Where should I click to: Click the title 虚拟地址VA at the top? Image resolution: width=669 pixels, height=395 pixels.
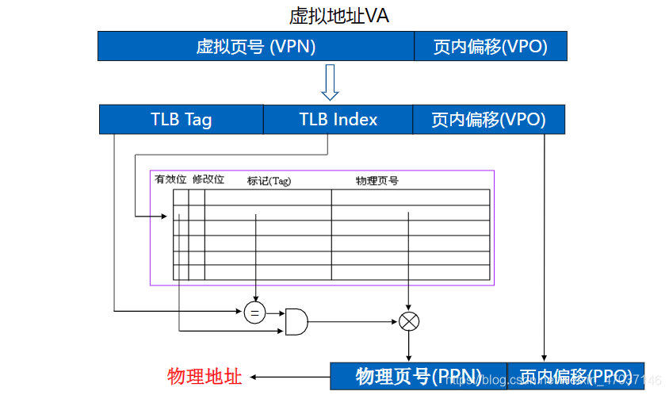point(339,15)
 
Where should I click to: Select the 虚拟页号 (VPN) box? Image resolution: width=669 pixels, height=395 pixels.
point(255,47)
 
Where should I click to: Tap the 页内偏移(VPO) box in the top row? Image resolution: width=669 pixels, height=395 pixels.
point(491,47)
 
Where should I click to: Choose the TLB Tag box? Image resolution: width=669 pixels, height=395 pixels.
point(181,120)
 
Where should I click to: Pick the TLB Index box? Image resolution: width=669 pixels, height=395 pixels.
point(338,120)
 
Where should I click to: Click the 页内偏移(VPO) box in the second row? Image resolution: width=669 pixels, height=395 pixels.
point(488,120)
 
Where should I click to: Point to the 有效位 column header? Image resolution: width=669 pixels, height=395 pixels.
point(170,179)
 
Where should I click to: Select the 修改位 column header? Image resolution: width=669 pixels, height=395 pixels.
point(208,179)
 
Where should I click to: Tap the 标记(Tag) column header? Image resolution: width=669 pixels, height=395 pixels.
point(269,180)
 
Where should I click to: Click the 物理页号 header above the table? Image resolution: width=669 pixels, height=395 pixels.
point(377,180)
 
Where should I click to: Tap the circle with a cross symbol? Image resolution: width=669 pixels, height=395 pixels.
point(408,321)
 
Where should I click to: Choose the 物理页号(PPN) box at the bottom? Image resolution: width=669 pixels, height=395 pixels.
point(418,376)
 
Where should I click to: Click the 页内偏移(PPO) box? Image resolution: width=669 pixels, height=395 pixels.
point(575,376)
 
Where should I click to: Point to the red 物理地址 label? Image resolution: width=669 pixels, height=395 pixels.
point(204,376)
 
